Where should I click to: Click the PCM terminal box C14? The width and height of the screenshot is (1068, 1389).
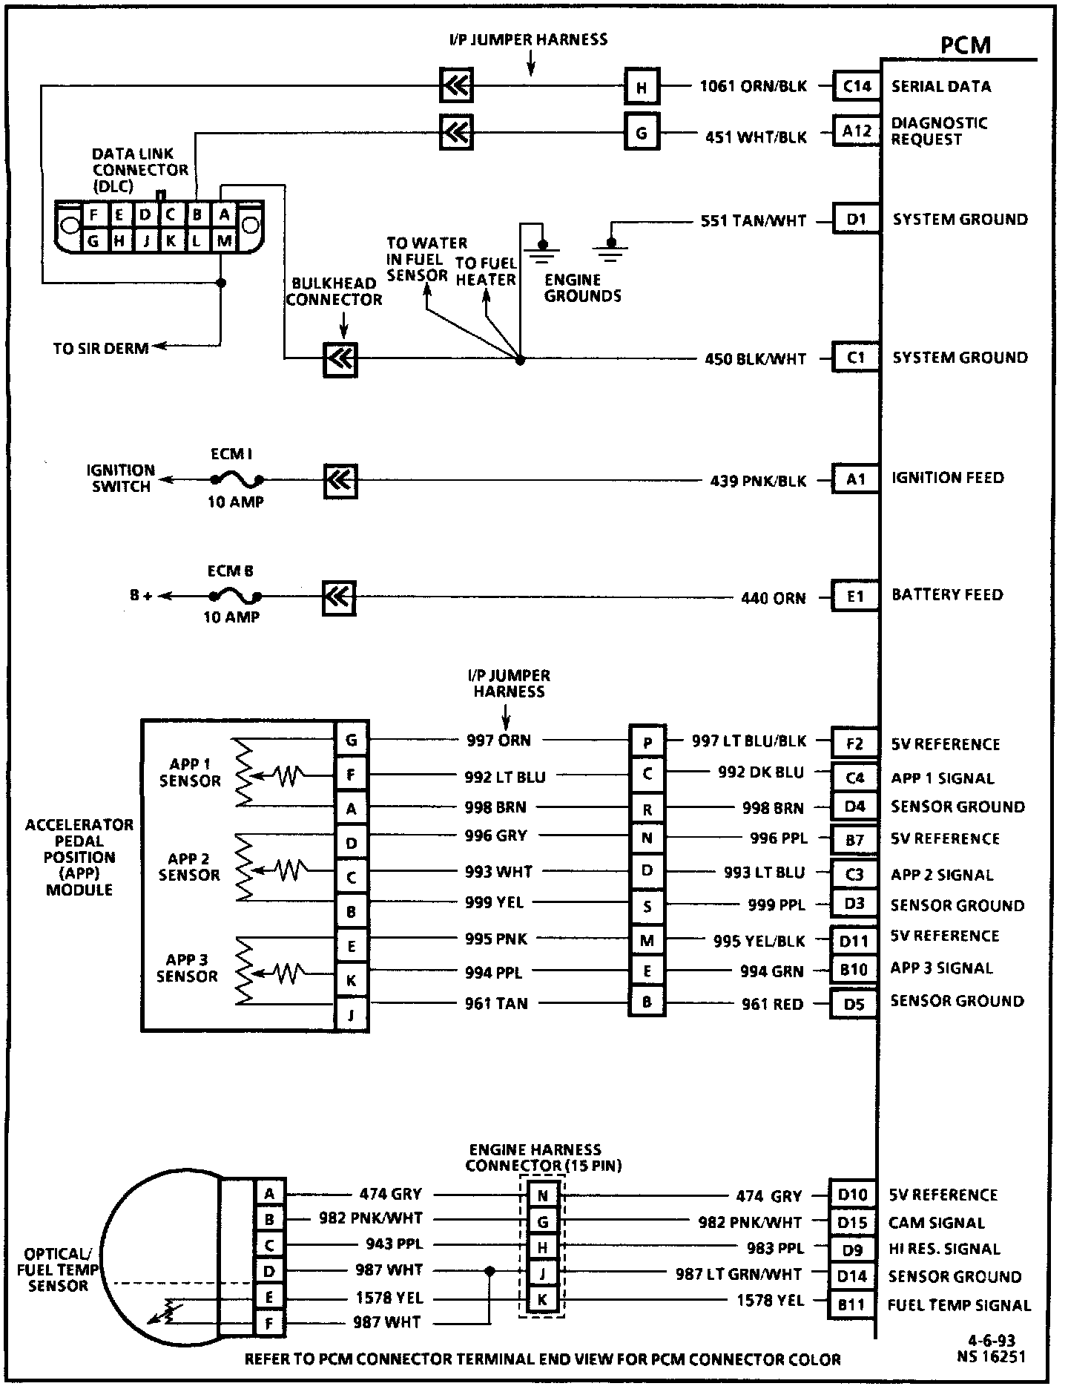point(857,86)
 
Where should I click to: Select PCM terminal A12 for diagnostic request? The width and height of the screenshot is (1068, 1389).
point(857,131)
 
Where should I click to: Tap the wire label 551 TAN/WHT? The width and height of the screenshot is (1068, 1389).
point(753,221)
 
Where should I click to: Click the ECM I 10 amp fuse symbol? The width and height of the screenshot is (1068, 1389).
point(236,479)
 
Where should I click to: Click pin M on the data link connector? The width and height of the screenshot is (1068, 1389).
point(224,240)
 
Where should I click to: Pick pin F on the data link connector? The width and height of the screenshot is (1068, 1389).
point(93,215)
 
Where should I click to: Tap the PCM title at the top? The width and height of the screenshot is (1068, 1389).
point(965,46)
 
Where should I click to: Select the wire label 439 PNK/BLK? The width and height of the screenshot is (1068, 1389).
point(758,481)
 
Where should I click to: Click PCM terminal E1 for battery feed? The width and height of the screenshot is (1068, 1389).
point(855,596)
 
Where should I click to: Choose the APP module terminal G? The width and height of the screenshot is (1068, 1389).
point(352,740)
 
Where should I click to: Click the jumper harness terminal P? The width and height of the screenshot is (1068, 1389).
point(647,743)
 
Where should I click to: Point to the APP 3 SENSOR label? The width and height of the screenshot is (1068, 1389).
point(187,968)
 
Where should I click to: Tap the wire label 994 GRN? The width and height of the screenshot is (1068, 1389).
point(771,971)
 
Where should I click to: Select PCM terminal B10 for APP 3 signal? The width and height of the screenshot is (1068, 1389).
point(854,970)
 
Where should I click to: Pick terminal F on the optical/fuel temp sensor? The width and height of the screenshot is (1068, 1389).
point(269,1322)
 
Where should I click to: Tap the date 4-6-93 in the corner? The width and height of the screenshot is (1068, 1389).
point(991,1341)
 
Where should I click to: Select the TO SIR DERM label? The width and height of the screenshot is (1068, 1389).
point(101,348)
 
